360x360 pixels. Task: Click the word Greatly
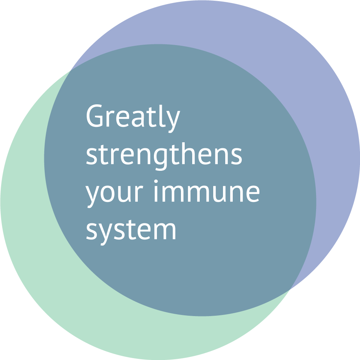pyautogui.click(x=133, y=119)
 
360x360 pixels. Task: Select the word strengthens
pyautogui.click(x=164, y=157)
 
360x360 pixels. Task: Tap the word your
pyautogui.click(x=114, y=197)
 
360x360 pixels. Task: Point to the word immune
pyautogui.click(x=207, y=191)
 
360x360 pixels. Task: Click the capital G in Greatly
pyautogui.click(x=94, y=116)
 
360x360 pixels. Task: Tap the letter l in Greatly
pyautogui.click(x=162, y=116)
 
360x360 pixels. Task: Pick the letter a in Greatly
pyautogui.click(x=138, y=119)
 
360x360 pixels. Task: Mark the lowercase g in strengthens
pyautogui.click(x=160, y=159)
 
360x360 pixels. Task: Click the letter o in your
pyautogui.click(x=107, y=194)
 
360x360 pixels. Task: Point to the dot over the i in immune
pyautogui.click(x=156, y=181)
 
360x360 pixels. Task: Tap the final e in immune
pyautogui.click(x=253, y=194)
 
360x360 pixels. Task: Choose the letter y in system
pyautogui.click(x=105, y=234)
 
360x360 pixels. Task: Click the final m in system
pyautogui.click(x=165, y=231)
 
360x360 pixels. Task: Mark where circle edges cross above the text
pyautogui.click(x=70, y=70)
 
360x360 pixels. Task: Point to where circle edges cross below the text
pyautogui.click(x=290, y=290)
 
